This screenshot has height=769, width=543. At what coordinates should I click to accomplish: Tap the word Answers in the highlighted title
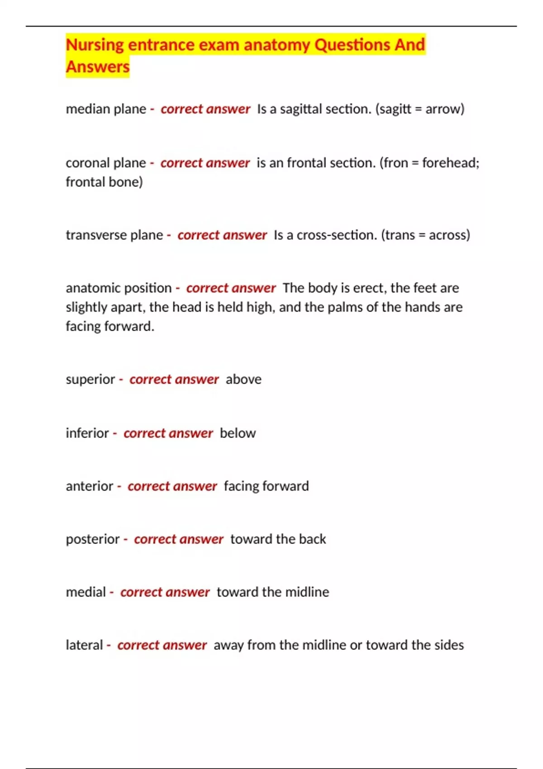coord(98,67)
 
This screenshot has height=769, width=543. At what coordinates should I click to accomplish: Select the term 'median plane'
coord(106,109)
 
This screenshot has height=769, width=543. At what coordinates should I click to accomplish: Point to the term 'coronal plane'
coord(106,163)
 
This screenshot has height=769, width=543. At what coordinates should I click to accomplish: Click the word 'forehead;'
coord(450,163)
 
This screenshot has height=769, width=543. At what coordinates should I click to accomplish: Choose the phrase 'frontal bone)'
coord(104,182)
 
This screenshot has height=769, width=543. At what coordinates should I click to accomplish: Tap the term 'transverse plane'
coord(114,235)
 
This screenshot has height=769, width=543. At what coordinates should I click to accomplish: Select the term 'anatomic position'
coord(119,288)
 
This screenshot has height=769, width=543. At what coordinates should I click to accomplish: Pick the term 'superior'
coord(90,380)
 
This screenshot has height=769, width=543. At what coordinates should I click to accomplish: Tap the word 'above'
coord(243,380)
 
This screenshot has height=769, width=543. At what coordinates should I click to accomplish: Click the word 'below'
coord(238,433)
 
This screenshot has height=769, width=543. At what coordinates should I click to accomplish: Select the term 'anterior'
coord(90,486)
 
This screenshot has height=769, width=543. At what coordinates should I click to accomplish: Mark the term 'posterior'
coord(93,539)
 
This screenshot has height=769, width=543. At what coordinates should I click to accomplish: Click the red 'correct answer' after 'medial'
coord(165,592)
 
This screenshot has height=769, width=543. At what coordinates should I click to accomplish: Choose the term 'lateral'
coord(84,645)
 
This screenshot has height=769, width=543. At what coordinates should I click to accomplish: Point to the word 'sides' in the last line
coord(449,645)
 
